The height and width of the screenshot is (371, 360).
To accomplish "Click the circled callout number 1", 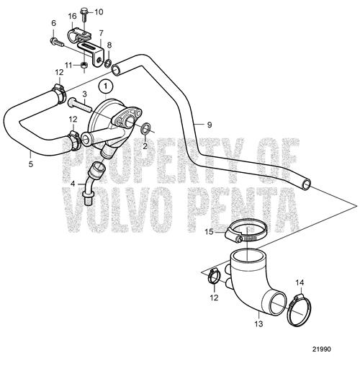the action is [106, 86].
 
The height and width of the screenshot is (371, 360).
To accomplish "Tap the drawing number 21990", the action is [321, 349].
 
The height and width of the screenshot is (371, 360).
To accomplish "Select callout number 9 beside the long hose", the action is [210, 125].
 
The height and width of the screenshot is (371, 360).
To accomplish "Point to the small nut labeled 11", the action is [84, 65].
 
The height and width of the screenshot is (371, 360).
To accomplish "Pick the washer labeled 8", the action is [108, 63].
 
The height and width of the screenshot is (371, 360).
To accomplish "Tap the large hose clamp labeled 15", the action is [247, 231].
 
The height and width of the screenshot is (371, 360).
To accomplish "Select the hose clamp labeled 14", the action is [300, 310].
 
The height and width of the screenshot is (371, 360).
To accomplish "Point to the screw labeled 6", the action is [57, 43].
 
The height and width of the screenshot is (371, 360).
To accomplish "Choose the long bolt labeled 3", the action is [79, 106].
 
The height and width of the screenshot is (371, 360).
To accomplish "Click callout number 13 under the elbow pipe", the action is [258, 324].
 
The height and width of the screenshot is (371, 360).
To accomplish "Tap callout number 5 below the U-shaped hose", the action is [30, 164].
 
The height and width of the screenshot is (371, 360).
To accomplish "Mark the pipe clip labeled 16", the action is [79, 35].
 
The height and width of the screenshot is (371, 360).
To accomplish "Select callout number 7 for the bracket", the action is [101, 33].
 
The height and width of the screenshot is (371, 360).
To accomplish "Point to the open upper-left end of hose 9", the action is [117, 70].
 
